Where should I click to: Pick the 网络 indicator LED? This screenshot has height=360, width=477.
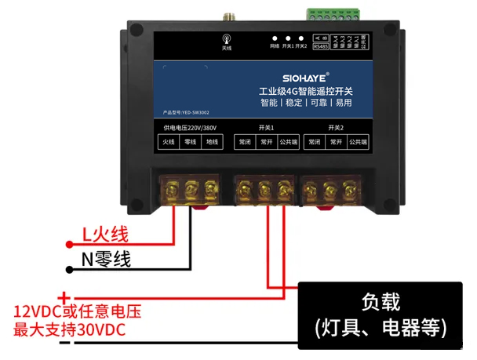275,38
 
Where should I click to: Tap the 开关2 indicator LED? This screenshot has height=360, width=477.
300,38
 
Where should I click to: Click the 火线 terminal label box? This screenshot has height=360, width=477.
168,142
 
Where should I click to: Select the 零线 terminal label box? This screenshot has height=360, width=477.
190,142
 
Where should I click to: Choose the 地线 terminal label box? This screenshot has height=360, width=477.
212,142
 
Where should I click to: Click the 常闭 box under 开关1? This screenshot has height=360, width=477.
245,142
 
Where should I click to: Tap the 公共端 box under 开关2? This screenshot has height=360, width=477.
359,142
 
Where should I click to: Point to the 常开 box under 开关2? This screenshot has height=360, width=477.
336,142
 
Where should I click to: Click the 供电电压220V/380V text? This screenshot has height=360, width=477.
189,127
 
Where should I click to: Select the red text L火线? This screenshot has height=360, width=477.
105,233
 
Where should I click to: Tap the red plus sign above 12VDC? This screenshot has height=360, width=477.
65,296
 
